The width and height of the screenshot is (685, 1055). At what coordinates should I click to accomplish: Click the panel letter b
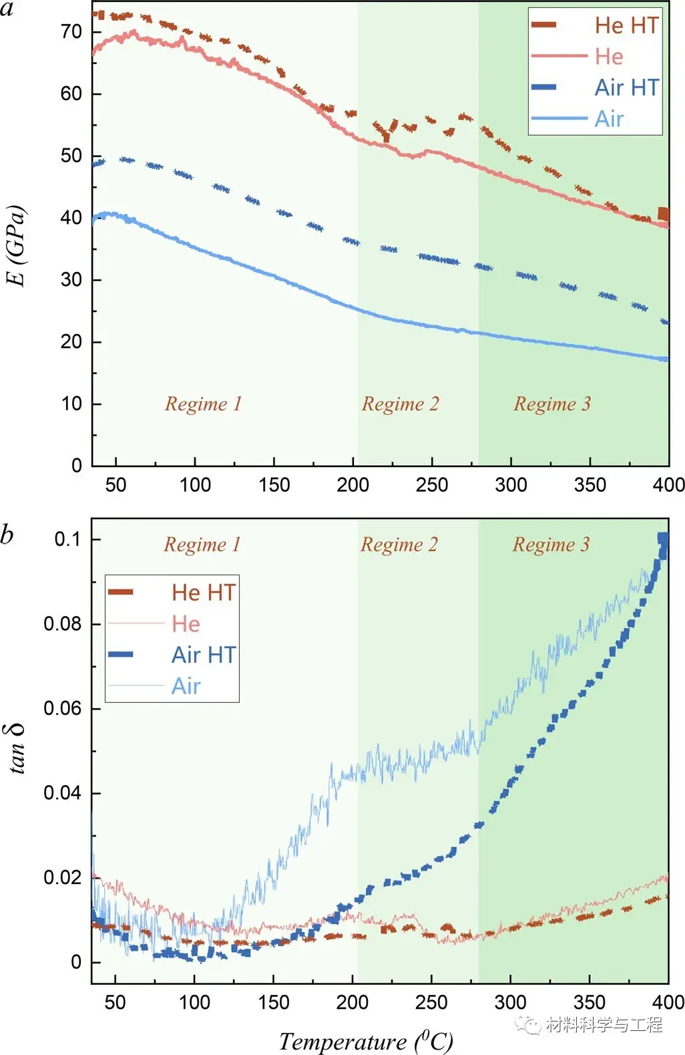(x=7, y=535)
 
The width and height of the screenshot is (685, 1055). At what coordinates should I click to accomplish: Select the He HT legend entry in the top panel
(x=626, y=25)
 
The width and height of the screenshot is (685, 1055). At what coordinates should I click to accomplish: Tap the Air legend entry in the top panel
(x=608, y=119)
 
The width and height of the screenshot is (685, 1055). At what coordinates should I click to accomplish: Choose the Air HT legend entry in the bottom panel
(x=203, y=655)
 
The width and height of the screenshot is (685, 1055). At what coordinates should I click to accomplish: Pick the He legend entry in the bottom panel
(x=186, y=624)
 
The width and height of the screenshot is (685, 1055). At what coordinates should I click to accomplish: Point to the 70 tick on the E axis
(x=71, y=31)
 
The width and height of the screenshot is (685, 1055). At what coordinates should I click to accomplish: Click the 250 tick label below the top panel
(x=432, y=484)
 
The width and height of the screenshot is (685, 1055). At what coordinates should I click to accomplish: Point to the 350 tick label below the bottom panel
(x=590, y=1002)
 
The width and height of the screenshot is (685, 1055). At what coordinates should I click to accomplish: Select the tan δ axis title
(x=18, y=748)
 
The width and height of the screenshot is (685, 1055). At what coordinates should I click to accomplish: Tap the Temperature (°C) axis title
(x=365, y=1040)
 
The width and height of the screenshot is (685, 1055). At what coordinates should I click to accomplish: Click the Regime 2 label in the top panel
(x=401, y=404)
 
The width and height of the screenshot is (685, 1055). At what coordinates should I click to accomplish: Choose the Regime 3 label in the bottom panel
(x=551, y=545)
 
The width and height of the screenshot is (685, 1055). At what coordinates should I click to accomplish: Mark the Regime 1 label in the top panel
(x=203, y=404)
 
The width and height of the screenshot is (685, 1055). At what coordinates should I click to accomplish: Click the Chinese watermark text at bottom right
(x=603, y=1024)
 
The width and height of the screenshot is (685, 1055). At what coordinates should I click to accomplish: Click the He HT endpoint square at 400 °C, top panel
(x=663, y=214)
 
